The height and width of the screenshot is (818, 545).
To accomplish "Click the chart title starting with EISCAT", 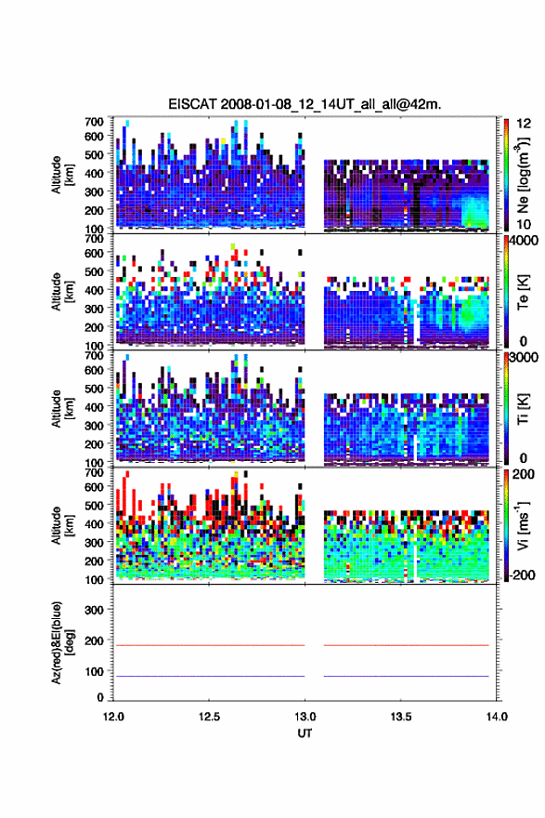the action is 305,104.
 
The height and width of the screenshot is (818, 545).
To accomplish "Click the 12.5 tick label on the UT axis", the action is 209,717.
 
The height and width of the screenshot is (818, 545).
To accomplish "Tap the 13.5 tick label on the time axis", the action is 401,717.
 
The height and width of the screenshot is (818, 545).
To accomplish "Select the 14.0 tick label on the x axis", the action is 497,717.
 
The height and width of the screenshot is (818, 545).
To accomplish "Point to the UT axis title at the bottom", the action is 305,733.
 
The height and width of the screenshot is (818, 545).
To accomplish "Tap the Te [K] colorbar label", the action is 523,292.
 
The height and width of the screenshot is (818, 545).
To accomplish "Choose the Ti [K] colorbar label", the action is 523,408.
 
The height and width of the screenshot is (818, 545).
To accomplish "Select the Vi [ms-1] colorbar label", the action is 523,525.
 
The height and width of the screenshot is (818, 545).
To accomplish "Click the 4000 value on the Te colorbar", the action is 525,241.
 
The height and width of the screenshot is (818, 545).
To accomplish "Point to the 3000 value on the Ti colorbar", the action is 525,357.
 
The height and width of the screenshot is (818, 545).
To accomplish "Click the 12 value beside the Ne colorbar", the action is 525,123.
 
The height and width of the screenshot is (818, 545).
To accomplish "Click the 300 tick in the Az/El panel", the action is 95,610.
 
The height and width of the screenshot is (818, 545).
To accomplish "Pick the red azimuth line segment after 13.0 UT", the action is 407,645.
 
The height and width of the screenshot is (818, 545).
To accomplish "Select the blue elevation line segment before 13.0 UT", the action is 209,676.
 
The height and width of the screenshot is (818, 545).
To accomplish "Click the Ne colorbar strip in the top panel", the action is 506,175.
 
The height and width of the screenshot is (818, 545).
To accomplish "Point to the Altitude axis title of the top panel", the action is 62,175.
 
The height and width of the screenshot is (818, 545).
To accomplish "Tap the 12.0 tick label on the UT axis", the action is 113,717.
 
